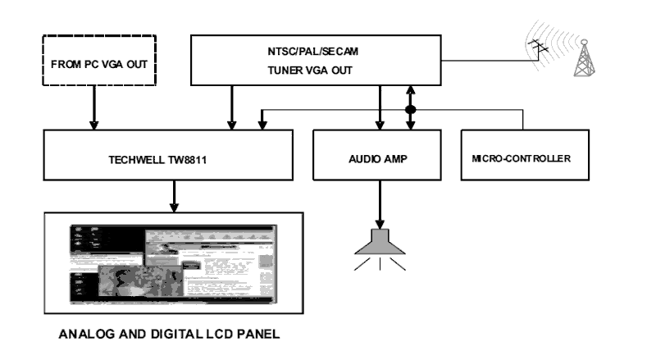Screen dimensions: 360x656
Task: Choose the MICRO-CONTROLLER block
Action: pos(524,155)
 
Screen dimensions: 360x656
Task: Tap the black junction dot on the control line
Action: pos(411,109)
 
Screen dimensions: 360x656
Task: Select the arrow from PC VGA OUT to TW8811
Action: pos(94,107)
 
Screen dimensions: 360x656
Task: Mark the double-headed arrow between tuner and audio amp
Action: pos(411,107)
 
